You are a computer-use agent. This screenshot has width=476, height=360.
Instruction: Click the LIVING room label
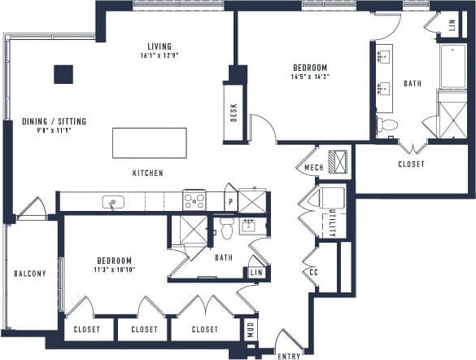pos(159,46)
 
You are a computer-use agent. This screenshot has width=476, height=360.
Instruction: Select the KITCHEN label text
pos(148,173)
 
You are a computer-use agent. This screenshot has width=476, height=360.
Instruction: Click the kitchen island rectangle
pos(149,143)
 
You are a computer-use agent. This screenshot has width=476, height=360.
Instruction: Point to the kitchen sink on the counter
pos(111,201)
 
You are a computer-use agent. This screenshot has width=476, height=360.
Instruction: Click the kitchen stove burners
pos(194,200)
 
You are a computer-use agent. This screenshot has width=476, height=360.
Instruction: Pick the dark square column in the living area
pos(63,74)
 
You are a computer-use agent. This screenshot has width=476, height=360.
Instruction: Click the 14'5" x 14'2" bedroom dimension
pos(310,77)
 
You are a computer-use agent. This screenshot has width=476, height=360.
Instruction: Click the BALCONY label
pos(30,274)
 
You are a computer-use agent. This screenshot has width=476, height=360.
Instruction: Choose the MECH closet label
pos(314,169)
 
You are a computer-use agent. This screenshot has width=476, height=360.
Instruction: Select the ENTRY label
pos(289,356)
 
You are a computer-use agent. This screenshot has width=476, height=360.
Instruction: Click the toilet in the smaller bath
pos(225,230)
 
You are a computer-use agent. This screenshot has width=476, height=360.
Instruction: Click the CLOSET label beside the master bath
pos(411,163)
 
